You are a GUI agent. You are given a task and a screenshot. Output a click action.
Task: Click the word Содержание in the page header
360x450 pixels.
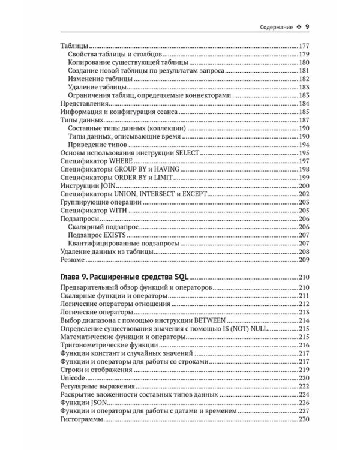[x=272, y=27]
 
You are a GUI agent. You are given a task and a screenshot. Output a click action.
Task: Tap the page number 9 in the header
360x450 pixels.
[x=306, y=27]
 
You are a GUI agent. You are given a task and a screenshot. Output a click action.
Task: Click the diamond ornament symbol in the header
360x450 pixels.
[x=296, y=27]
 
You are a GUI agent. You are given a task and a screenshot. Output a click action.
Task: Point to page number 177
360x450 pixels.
[x=302, y=47]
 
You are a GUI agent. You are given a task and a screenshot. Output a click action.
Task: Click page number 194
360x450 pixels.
[x=302, y=144]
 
